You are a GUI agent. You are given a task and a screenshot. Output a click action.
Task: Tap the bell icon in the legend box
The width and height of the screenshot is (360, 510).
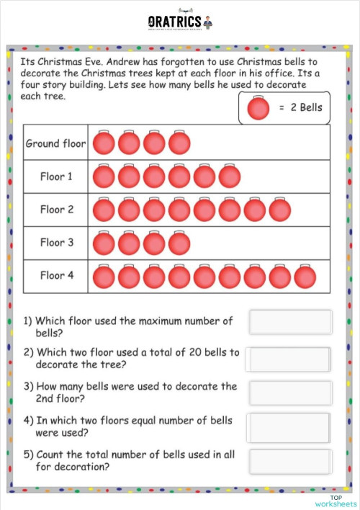[257, 109]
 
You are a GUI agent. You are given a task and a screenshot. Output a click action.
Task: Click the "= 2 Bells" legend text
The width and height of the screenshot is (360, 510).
[300, 109]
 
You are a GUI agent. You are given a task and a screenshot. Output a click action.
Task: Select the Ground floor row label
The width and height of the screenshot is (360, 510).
[55, 143]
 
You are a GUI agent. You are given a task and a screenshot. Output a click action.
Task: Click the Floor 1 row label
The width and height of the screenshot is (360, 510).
[56, 176]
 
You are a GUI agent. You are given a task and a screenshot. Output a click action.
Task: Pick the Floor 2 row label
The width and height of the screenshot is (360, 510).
[56, 210]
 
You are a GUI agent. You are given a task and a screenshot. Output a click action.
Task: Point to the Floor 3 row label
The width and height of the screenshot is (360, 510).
[56, 243]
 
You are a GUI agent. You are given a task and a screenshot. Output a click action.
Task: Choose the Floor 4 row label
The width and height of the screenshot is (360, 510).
[56, 275]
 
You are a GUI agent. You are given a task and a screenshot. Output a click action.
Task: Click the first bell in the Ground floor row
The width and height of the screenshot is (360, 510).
[104, 143]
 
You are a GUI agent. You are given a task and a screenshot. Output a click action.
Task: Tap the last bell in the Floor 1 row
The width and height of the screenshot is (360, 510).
[230, 176]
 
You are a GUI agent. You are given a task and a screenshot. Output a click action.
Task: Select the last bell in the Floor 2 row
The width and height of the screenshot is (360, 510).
[280, 210]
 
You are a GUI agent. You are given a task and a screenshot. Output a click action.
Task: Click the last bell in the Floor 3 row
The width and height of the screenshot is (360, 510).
[179, 243]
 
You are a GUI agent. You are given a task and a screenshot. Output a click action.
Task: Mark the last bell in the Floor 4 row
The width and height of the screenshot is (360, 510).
[305, 276]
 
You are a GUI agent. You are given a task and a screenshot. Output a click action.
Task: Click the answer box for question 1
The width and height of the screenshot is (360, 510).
[290, 322]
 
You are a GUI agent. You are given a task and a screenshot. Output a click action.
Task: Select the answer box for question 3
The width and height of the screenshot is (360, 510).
[290, 393]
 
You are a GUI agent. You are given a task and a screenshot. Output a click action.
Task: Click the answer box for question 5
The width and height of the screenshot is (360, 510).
[290, 461]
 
